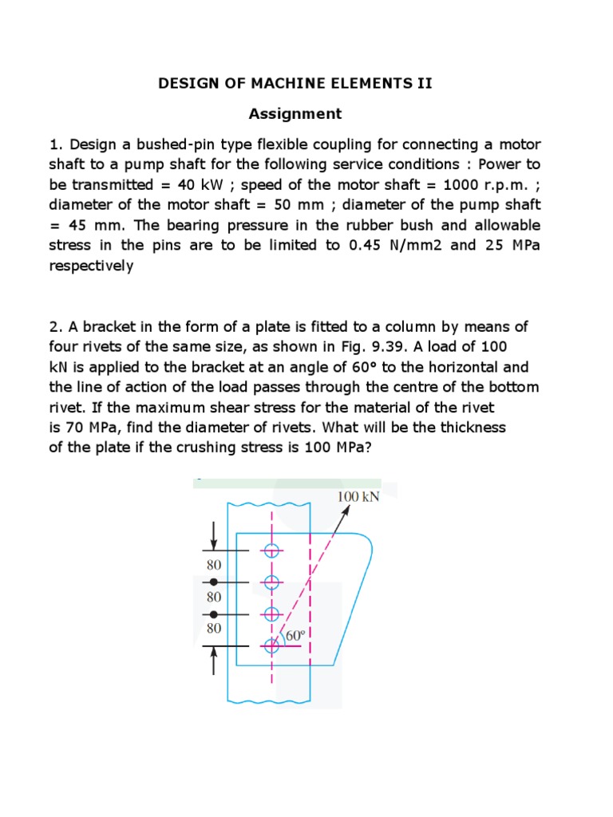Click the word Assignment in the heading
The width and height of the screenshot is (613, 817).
coord(295,114)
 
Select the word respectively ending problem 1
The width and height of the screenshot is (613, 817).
coord(92,266)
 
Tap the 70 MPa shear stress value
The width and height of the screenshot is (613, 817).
coord(87,427)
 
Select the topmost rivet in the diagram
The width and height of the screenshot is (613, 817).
coord(271,551)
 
